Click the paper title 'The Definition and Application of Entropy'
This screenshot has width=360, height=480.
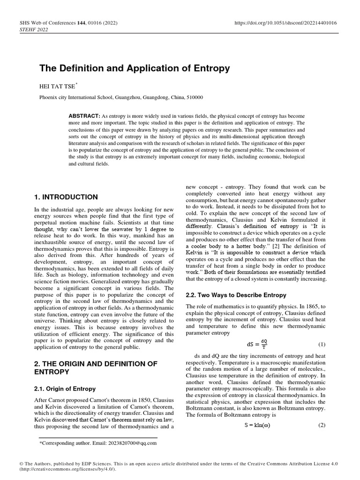[135, 68]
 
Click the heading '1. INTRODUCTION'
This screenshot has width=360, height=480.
[66, 197]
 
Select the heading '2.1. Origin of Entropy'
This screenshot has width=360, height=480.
[65, 389]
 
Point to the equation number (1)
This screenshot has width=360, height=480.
[322, 345]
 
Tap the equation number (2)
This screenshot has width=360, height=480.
[322, 426]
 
